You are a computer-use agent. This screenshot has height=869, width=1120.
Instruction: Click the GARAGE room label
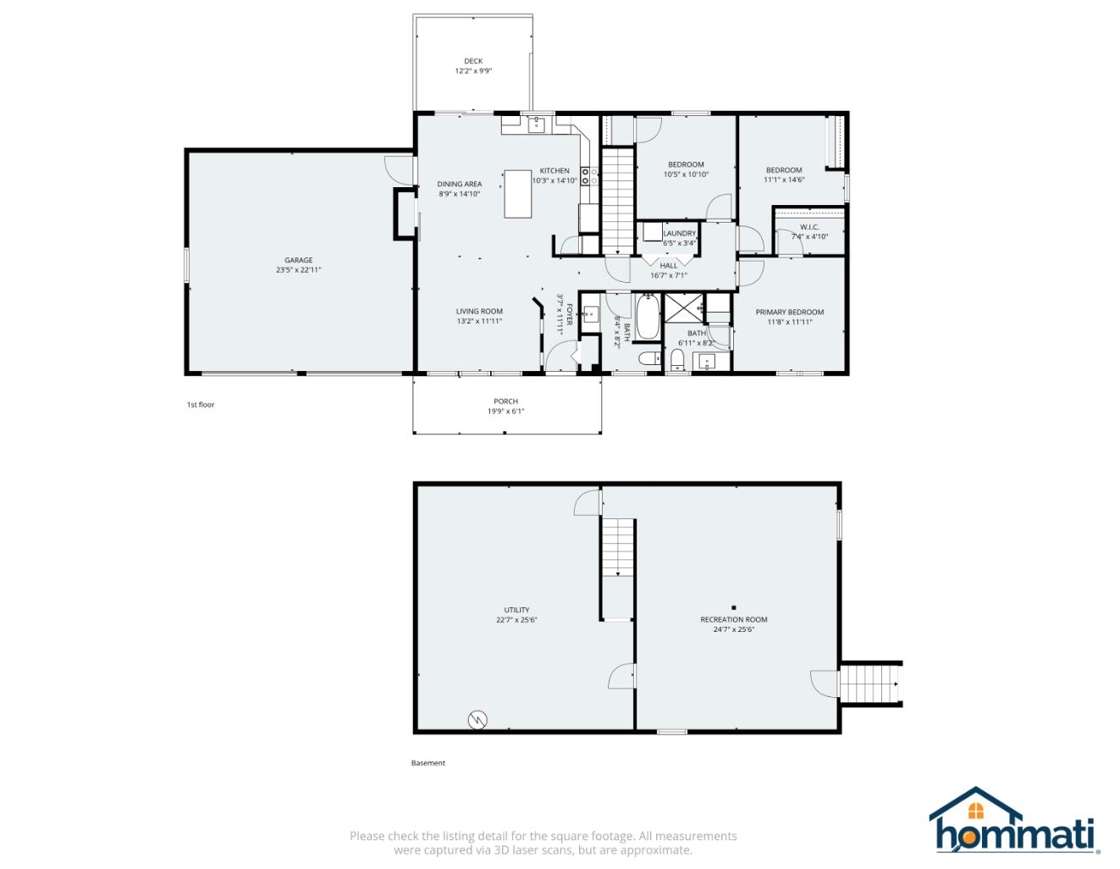point(298,260)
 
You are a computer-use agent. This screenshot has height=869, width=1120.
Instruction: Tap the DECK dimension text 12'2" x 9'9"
point(473,71)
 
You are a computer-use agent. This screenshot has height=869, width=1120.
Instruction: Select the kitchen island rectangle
point(517,194)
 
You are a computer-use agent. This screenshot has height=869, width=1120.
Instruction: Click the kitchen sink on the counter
point(536,125)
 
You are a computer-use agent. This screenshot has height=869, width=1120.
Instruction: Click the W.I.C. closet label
point(809,227)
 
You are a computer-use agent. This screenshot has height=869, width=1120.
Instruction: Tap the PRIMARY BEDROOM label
point(789,312)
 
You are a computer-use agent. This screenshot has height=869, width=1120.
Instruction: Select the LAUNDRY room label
point(679,233)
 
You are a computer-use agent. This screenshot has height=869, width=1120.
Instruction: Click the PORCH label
point(505,401)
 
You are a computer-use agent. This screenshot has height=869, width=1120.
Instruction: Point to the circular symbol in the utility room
point(477,720)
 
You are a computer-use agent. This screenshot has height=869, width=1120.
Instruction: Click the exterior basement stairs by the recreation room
point(869,683)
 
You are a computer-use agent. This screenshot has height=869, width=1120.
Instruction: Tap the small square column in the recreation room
point(734,607)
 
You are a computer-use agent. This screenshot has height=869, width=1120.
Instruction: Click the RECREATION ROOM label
point(733,619)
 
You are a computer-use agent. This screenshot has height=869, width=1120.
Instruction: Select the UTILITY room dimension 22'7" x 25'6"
point(516,620)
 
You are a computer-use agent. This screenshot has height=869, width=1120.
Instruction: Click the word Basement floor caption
point(428,763)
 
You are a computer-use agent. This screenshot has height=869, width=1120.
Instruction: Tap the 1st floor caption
point(201,405)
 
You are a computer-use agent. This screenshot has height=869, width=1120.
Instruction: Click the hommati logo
point(1012,821)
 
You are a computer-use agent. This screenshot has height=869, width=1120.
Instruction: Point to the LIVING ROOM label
point(479,311)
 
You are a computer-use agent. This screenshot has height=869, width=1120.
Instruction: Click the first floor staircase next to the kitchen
point(617,199)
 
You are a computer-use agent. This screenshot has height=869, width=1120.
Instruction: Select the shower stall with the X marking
point(683,308)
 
